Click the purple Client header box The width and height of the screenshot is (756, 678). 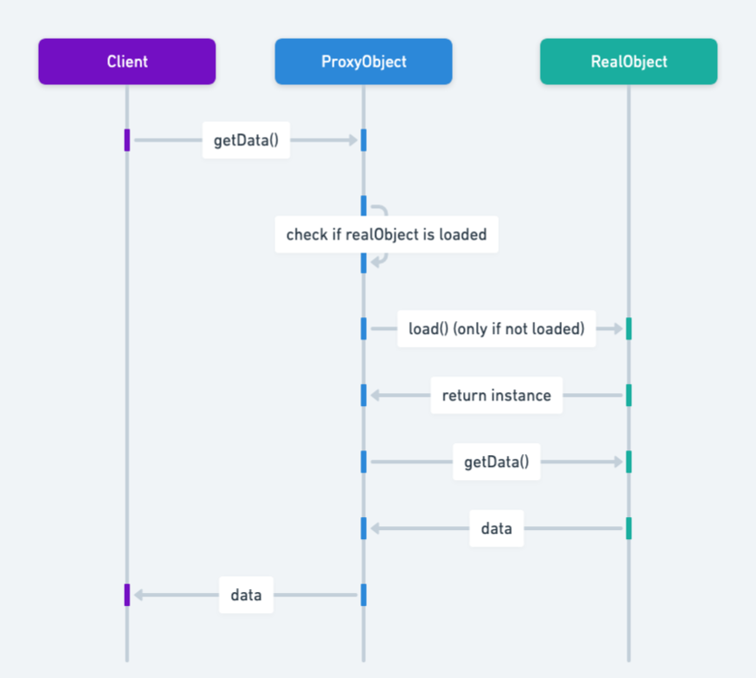click(127, 62)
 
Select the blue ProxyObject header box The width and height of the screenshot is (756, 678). click(363, 62)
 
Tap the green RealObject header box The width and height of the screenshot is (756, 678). click(628, 62)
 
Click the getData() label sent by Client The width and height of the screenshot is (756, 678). click(246, 141)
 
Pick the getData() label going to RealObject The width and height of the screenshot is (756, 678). click(496, 462)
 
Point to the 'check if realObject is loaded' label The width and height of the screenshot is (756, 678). click(386, 234)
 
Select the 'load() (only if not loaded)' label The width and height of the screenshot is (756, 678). click(496, 328)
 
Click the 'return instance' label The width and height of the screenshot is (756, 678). click(496, 395)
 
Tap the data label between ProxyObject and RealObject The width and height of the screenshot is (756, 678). click(496, 529)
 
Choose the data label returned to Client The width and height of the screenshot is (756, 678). click(246, 595)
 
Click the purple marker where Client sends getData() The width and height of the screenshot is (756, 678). click(127, 140)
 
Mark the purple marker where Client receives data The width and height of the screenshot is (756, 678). click(127, 595)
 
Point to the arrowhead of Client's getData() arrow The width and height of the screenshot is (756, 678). click(352, 141)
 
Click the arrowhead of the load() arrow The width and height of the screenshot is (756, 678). click(617, 328)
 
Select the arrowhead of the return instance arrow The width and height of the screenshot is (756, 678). click(375, 395)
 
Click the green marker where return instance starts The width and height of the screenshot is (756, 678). click(628, 395)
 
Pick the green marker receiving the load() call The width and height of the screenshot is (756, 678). click(628, 328)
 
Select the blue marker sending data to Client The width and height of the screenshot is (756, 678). click(363, 595)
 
